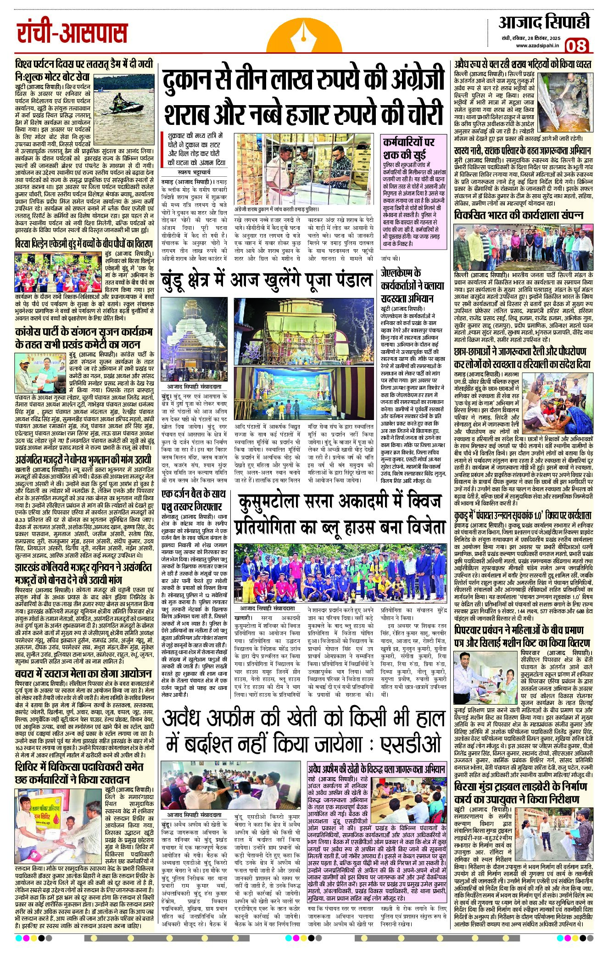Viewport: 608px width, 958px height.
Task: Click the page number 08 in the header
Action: point(577,45)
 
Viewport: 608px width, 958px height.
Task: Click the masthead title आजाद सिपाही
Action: point(544,22)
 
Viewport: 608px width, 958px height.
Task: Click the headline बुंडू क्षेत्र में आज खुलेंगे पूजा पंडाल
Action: point(267,279)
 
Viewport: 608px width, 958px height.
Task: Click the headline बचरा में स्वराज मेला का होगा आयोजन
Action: point(83,674)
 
